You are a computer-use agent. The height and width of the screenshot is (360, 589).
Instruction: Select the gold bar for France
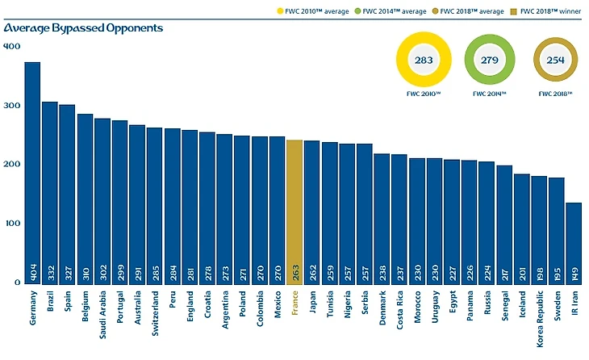click(295, 211)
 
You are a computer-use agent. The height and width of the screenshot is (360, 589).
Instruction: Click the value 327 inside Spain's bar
click(68, 268)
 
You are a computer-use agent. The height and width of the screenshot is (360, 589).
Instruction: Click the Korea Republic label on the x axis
click(540, 319)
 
